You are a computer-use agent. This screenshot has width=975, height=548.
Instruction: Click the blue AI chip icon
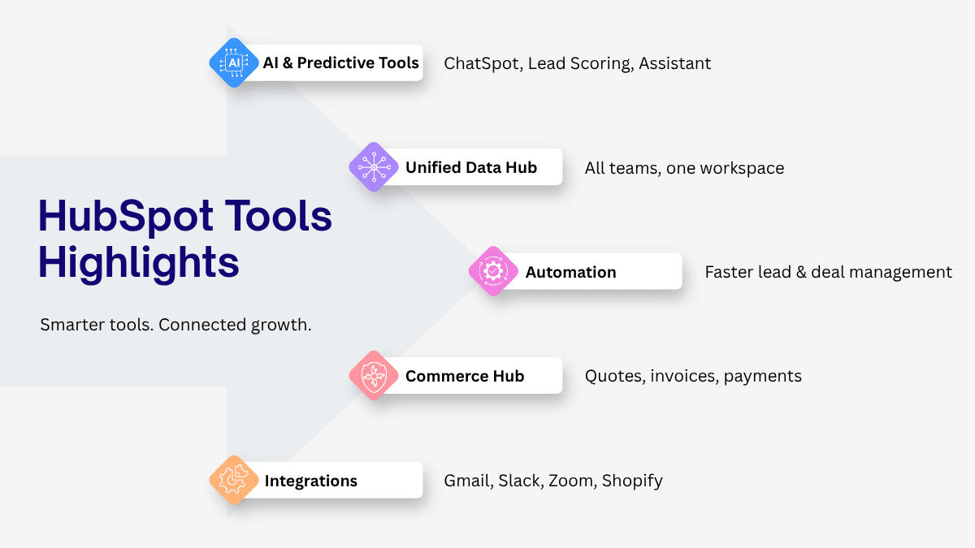pyautogui.click(x=234, y=63)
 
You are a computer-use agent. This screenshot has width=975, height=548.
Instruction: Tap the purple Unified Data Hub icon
pyautogui.click(x=374, y=167)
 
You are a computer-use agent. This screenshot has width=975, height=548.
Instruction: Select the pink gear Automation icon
pyautogui.click(x=493, y=271)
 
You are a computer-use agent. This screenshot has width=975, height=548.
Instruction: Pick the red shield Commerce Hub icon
pyautogui.click(x=374, y=375)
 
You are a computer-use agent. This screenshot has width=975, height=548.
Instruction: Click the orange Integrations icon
pyautogui.click(x=234, y=480)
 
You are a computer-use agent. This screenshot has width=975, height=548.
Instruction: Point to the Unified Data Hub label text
pyautogui.click(x=471, y=167)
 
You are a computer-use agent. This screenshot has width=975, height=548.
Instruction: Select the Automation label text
pyautogui.click(x=570, y=272)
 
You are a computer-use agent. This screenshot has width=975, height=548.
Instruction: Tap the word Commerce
pyautogui.click(x=446, y=376)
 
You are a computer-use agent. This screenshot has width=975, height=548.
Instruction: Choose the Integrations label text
pyautogui.click(x=310, y=481)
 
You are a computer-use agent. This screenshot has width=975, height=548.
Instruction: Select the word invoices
pyautogui.click(x=684, y=376)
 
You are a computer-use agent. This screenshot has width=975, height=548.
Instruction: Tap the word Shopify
pyautogui.click(x=632, y=481)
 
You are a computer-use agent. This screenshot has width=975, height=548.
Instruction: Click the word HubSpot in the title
pyautogui.click(x=126, y=216)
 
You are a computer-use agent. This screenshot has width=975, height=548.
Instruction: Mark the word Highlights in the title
pyautogui.click(x=138, y=263)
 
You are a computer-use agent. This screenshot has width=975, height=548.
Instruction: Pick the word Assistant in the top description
pyautogui.click(x=674, y=63)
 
